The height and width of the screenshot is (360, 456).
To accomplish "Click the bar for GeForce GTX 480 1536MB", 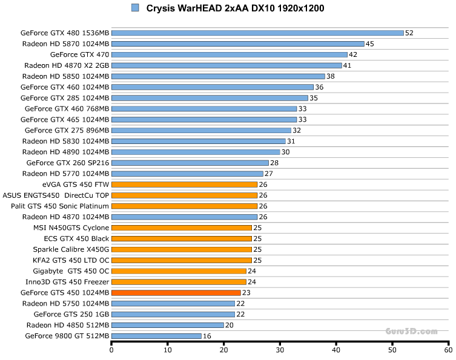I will click(x=257, y=33).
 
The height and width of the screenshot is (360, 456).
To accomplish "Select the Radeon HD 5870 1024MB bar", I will click(x=237, y=44).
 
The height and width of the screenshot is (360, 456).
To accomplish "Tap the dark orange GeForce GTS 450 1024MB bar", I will click(x=176, y=292).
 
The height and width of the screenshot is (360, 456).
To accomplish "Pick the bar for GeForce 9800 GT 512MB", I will click(x=156, y=336).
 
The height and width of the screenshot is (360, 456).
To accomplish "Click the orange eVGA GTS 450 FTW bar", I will click(x=185, y=185).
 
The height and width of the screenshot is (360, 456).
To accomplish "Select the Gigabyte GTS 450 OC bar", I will click(x=179, y=271).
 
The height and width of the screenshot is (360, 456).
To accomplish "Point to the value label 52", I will click(x=409, y=33).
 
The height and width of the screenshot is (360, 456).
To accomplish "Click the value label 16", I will click(x=207, y=336).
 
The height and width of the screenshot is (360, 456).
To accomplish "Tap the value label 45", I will click(x=370, y=44).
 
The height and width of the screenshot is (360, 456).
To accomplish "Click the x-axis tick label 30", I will click(x=280, y=350).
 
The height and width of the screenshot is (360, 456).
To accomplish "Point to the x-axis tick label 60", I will click(x=448, y=350).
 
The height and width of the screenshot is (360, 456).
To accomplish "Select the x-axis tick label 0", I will click(x=111, y=350).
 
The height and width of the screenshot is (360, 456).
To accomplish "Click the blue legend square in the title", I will click(x=135, y=8).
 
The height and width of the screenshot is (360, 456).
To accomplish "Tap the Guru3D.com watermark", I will click(x=411, y=332).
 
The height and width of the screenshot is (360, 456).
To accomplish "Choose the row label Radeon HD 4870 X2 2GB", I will click(x=67, y=65).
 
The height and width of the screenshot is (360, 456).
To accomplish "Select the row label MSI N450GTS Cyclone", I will click(x=71, y=227).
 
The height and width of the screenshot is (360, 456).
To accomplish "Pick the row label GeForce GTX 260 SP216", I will click(x=68, y=163).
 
